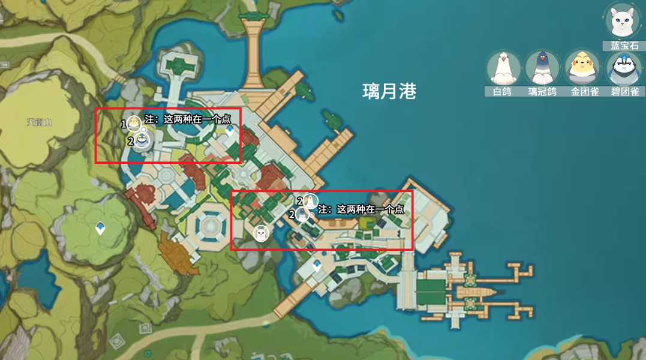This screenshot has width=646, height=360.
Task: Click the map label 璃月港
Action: pyautogui.click(x=389, y=91)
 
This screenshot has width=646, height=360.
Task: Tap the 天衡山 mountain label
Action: pyautogui.click(x=39, y=122)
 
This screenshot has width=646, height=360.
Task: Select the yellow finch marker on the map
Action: pyautogui.click(x=134, y=124)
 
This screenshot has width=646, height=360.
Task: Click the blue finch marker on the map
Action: pyautogui.click(x=142, y=141)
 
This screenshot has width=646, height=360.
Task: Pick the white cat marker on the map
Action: pyautogui.click(x=261, y=233)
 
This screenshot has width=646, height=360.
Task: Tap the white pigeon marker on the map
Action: pyautogui.click(x=310, y=202)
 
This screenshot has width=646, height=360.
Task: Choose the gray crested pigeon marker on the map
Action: pyautogui.click(x=303, y=214)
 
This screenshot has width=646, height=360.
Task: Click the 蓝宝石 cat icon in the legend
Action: pyautogui.click(x=623, y=21)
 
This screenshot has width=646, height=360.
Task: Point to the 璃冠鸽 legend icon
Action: pyautogui.click(x=542, y=67)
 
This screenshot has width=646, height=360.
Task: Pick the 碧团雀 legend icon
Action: pyautogui.click(x=624, y=67)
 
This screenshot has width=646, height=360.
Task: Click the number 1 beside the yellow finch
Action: pyautogui.click(x=124, y=125)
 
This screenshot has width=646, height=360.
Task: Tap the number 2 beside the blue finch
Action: pyautogui.click(x=131, y=142)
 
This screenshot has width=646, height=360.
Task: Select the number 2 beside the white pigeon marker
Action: pyautogui.click(x=299, y=202)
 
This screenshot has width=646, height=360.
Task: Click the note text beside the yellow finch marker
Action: pyautogui.click(x=188, y=119)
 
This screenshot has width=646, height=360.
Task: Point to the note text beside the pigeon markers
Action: pyautogui.click(x=360, y=209)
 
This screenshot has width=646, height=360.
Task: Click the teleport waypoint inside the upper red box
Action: pyautogui.click(x=230, y=132)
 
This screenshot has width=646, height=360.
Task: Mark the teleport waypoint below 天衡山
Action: pyautogui.click(x=100, y=228)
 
